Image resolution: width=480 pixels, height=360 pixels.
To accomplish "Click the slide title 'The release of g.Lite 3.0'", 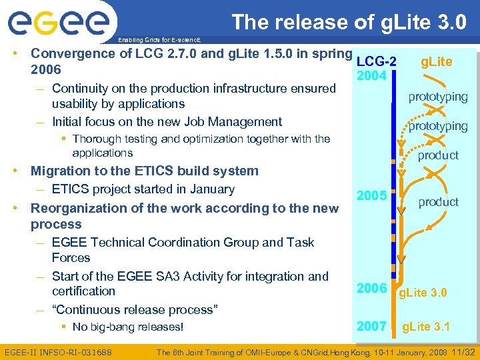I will tap(349, 22).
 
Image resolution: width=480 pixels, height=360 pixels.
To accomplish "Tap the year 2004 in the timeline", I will tap(371, 76).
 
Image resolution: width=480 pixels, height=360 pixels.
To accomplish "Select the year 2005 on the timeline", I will tap(371, 196).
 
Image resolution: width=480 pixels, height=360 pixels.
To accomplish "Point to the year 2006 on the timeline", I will tap(371, 288).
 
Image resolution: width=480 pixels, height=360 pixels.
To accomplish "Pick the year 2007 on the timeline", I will tap(371, 326).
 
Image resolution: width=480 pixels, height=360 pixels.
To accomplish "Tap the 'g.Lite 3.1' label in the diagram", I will tap(426, 327).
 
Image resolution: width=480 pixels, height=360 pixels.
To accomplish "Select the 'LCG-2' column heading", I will tap(377, 61).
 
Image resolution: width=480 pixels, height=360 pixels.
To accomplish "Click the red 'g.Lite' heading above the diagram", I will tap(436, 62).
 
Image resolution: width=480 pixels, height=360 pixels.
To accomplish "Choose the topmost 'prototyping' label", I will tap(438, 97).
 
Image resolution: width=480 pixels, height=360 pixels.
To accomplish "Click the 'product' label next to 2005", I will tap(438, 201).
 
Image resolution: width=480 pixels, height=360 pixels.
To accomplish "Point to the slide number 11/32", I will tap(462, 351).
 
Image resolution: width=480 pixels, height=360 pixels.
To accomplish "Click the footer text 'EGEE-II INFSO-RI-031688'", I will tap(58, 351).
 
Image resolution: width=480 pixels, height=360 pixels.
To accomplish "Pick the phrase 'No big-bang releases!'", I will tap(127, 327).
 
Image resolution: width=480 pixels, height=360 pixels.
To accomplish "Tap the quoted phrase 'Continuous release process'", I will tap(134, 309).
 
